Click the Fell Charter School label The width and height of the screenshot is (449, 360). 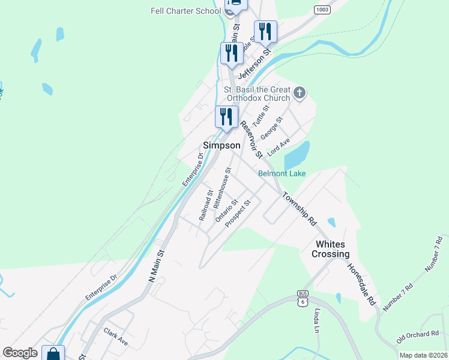coord(187,10)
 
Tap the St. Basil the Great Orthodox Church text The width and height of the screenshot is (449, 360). coord(257,94)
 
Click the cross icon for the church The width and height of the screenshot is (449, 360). coord(300,93)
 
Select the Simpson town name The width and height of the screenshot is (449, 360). coord(221,145)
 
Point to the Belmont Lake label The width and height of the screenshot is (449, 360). coord(282,174)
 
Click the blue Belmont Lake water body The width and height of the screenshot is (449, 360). coord(297,156)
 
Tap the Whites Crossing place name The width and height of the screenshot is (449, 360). coord(330,249)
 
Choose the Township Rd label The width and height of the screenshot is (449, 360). coord(299,208)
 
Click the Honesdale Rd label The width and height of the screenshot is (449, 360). coord(363,284)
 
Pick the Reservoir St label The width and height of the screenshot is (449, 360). coord(251,139)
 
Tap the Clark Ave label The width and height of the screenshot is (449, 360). coord(115,336)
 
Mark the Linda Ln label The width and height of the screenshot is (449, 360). coord(316,320)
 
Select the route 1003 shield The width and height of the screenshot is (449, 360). coord(322,10)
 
